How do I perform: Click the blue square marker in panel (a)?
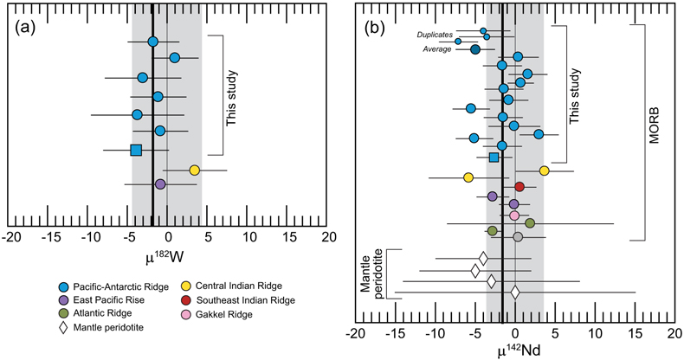click(136, 150)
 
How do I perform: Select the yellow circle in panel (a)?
click(195, 170)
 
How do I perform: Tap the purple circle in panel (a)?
click(160, 184)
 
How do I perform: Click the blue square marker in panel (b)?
click(494, 157)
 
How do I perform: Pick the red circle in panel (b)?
click(519, 187)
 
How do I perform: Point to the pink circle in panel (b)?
click(514, 215)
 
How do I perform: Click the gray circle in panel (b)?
click(518, 236)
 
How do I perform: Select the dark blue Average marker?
click(475, 49)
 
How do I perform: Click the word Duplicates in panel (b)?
click(435, 35)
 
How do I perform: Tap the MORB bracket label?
click(654, 127)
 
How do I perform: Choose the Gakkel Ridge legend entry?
click(217, 314)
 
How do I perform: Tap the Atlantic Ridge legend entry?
click(95, 313)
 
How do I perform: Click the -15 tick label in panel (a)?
click(48, 237)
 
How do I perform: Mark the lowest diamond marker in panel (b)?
click(515, 292)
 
